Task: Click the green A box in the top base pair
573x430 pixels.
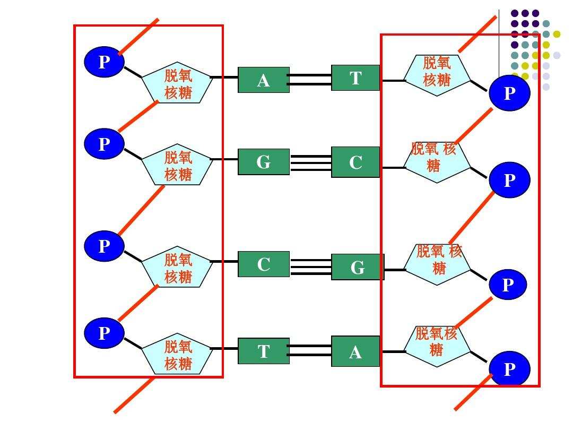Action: pyautogui.click(x=264, y=80)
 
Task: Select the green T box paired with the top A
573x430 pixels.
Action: pyautogui.click(x=355, y=78)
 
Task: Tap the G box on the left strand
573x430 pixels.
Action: pyautogui.click(x=264, y=161)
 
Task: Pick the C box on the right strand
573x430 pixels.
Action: pyautogui.click(x=355, y=162)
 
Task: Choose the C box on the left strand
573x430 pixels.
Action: pyautogui.click(x=264, y=264)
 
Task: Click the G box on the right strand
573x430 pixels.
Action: pyautogui.click(x=358, y=267)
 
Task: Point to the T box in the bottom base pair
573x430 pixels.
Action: pyautogui.click(x=264, y=351)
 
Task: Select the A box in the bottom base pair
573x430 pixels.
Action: pyautogui.click(x=355, y=351)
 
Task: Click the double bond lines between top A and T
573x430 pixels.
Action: pyautogui.click(x=310, y=80)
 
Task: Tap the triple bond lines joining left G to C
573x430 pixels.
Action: pyautogui.click(x=311, y=163)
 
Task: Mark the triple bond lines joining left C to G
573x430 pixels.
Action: pyautogui.click(x=311, y=267)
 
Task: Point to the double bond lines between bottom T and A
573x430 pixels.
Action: pyautogui.click(x=310, y=350)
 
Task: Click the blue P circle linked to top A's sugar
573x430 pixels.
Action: pyautogui.click(x=104, y=62)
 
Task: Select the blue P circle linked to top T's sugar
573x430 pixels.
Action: pyautogui.click(x=509, y=93)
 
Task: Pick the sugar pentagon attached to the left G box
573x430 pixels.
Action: pyautogui.click(x=177, y=164)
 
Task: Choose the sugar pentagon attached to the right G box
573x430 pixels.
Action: pyautogui.click(x=437, y=264)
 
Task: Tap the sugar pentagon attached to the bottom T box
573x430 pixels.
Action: pyautogui.click(x=177, y=354)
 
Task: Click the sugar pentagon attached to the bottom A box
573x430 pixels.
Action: pyautogui.click(x=437, y=346)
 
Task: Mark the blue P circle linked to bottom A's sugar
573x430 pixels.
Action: pyautogui.click(x=509, y=368)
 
